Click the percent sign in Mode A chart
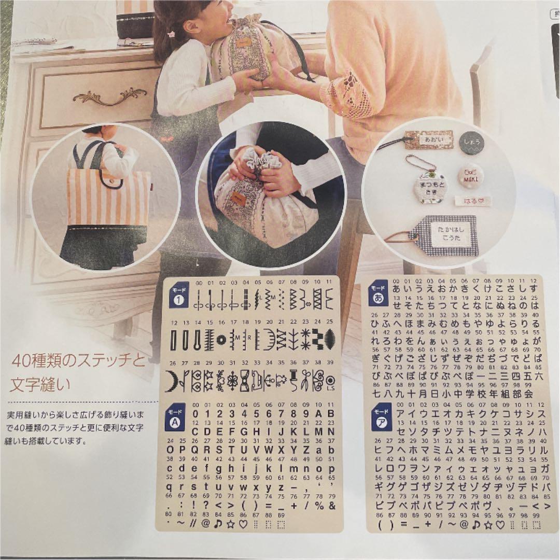point(318,505)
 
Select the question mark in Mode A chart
point(206,505)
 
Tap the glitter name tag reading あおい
point(428,139)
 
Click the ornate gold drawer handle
point(109,96)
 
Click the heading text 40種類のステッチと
point(79,361)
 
